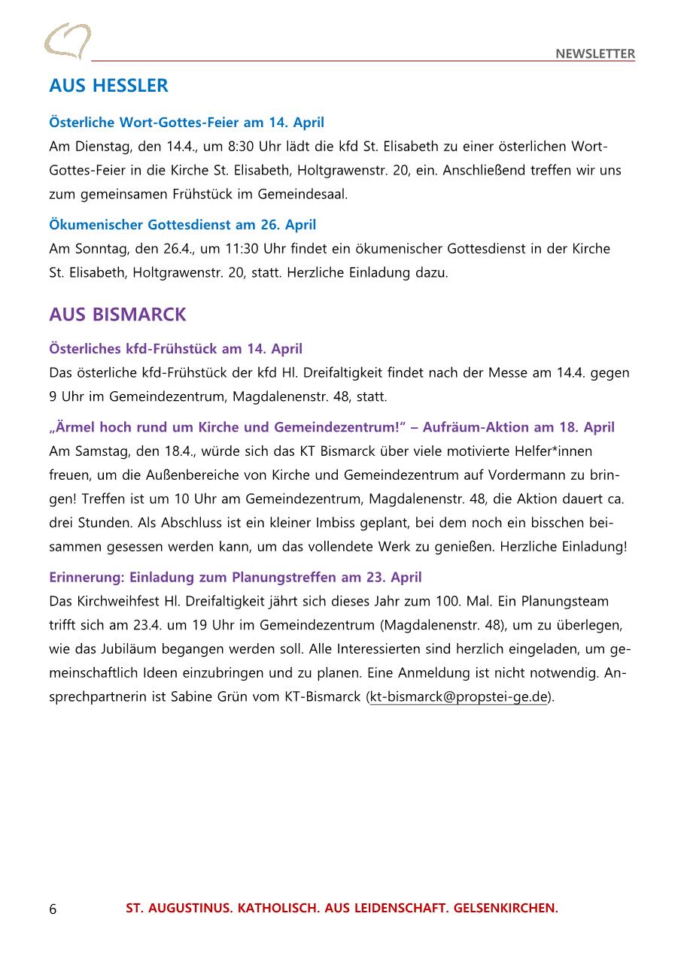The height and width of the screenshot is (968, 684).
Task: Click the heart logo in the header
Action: point(67,41)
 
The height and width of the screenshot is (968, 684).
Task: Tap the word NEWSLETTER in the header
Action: point(595,54)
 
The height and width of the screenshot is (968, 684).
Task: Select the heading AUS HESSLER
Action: point(108,86)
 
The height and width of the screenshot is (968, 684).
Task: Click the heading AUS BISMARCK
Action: point(117,314)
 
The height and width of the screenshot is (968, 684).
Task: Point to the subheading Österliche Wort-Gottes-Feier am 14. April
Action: point(187,122)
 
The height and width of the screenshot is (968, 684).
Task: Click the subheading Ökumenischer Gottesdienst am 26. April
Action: point(182,225)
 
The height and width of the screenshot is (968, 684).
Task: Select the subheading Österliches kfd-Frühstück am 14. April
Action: point(175,349)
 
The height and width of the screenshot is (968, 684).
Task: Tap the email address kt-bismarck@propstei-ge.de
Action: point(458,697)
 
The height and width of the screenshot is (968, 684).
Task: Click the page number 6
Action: point(53,909)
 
